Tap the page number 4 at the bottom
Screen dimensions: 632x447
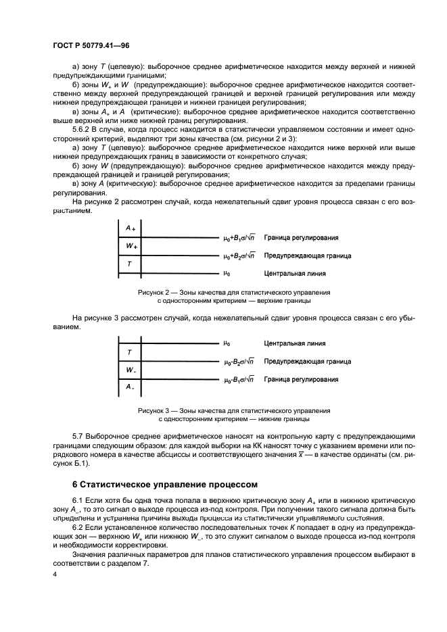tap(55, 573)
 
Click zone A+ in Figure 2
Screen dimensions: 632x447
tap(129, 228)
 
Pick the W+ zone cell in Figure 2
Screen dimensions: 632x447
tap(129, 246)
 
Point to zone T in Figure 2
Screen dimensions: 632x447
tap(129, 264)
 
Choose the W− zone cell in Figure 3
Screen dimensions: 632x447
tap(129, 370)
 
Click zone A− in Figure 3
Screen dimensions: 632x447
tap(129, 387)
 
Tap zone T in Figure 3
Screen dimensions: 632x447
tap(129, 352)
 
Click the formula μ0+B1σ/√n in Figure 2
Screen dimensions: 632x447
tap(239, 238)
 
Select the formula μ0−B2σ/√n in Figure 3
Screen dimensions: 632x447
tap(239, 362)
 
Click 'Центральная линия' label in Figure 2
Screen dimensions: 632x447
tap(294, 274)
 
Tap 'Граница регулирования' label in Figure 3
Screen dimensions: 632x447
tap(301, 380)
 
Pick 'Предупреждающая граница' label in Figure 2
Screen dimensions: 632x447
tap(307, 256)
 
